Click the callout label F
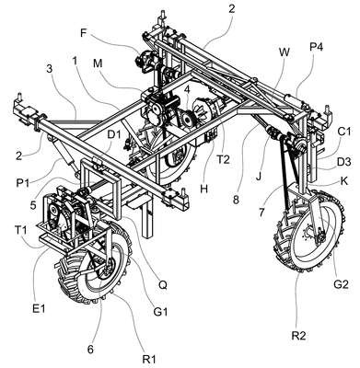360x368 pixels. (84, 32)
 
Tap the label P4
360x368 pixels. (317, 48)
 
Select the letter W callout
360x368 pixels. (285, 52)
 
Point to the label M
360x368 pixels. (98, 63)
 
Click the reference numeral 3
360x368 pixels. (50, 68)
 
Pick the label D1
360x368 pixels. (114, 134)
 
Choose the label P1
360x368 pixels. (23, 183)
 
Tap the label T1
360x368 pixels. (22, 229)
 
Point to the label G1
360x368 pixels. (160, 312)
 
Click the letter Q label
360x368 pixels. (163, 285)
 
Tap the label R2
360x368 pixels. (298, 336)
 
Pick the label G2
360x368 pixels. (341, 284)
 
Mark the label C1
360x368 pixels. (344, 132)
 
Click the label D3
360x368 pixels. (344, 162)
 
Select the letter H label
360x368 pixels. (204, 189)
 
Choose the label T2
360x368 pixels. (223, 160)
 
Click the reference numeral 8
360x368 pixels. (236, 200)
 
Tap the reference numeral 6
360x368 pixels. (90, 350)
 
